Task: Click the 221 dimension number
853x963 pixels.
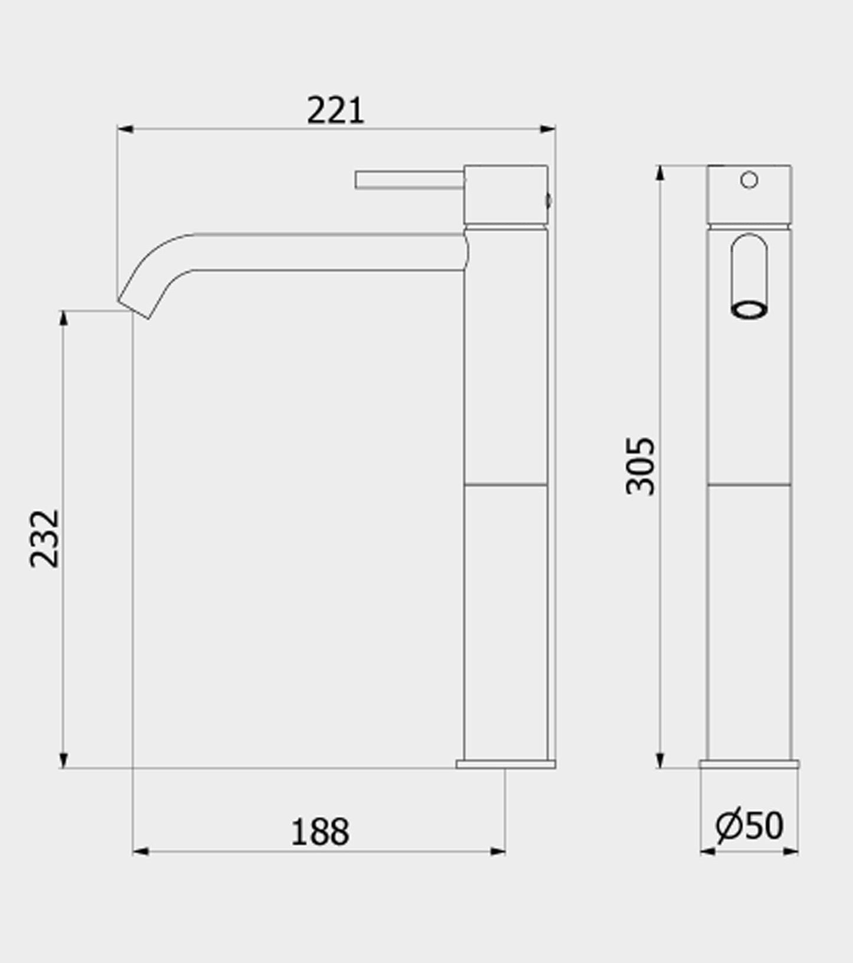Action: click(x=335, y=110)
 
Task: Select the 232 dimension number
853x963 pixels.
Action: click(x=45, y=538)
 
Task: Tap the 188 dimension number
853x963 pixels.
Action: click(x=320, y=832)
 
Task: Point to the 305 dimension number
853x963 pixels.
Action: click(x=640, y=466)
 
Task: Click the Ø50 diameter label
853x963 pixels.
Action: click(x=749, y=825)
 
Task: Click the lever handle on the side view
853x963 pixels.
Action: click(x=409, y=180)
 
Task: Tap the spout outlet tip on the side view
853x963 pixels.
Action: click(x=135, y=306)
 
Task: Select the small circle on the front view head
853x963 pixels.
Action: click(x=749, y=179)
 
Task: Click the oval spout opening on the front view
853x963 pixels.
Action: click(x=749, y=310)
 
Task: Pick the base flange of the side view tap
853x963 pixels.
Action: click(x=505, y=764)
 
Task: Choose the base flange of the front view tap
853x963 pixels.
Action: click(x=749, y=764)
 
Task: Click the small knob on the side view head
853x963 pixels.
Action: click(x=549, y=201)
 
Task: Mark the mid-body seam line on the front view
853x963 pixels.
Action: click(x=749, y=485)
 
